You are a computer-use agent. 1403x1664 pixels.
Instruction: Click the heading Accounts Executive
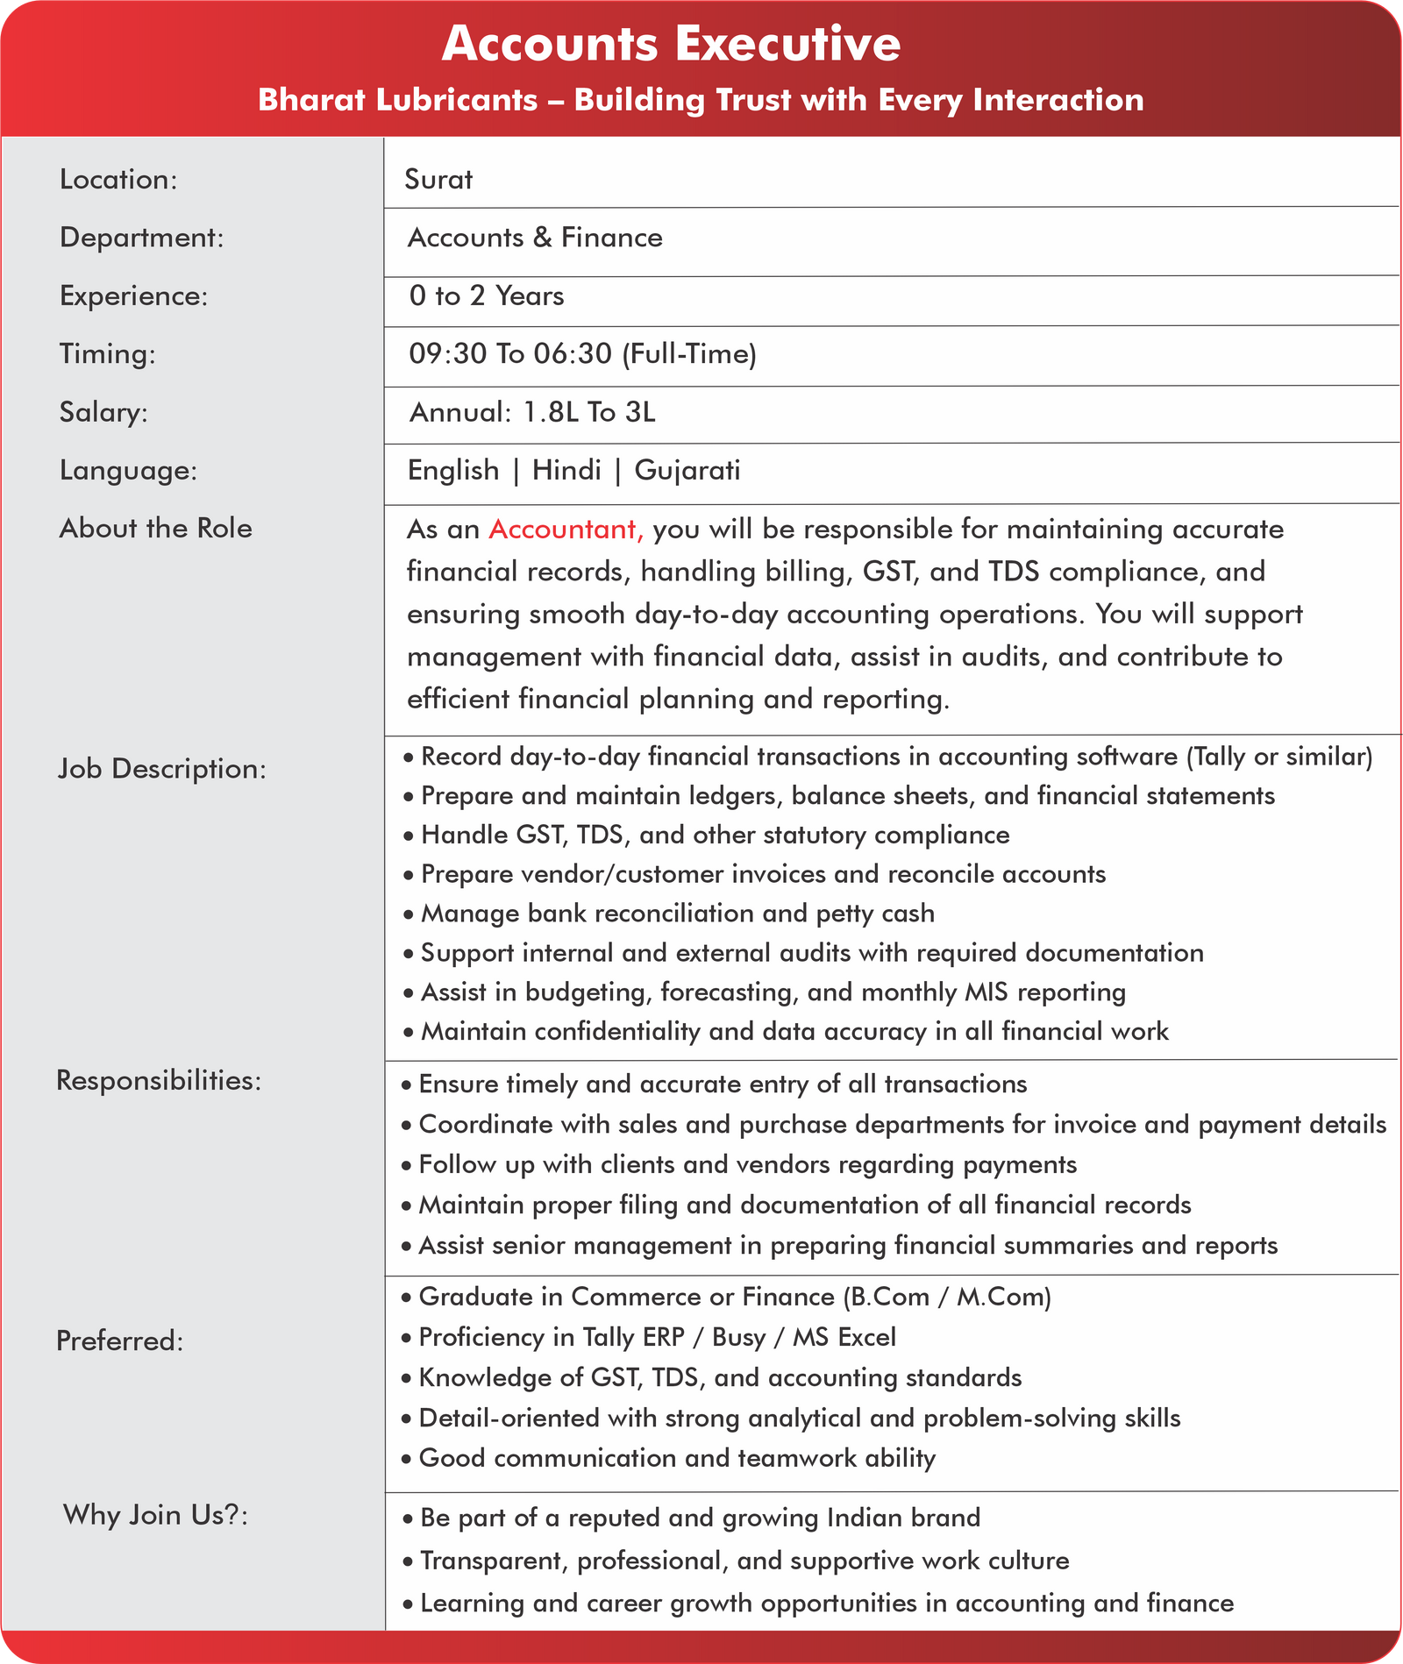pos(671,44)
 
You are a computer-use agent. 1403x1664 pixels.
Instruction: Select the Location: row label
pos(118,180)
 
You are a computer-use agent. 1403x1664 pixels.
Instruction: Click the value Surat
pos(438,180)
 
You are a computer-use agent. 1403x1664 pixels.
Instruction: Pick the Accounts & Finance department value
pos(535,238)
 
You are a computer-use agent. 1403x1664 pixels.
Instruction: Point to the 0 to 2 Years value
pos(487,296)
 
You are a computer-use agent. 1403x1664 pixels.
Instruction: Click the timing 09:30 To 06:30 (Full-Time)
pos(582,354)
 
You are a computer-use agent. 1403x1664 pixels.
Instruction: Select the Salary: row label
pos(103,412)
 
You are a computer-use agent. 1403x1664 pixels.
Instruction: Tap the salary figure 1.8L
pos(550,412)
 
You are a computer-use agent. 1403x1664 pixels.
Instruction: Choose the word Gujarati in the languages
pos(687,471)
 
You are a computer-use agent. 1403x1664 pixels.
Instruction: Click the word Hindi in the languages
pos(566,471)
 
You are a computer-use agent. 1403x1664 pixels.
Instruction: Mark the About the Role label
pos(156,529)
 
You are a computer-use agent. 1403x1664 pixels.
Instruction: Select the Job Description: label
pos(162,769)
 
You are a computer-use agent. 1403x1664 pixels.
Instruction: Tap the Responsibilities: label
pos(159,1080)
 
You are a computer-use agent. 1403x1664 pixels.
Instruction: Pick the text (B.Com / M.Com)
pos(946,1297)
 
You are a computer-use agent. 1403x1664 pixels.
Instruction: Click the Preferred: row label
pos(120,1341)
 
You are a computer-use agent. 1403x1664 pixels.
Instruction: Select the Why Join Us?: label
pos(155,1515)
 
